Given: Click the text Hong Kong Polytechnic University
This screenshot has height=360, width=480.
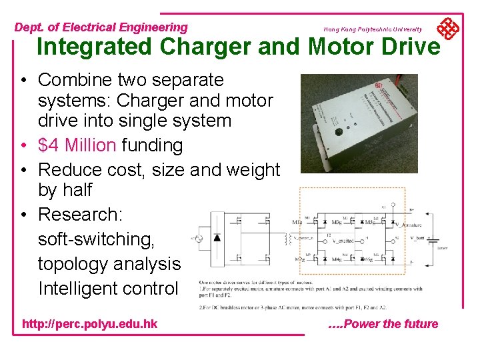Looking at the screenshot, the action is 373,29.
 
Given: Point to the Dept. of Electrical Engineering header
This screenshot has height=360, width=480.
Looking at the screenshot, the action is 101,27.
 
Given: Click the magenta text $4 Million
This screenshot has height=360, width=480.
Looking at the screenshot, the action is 77,145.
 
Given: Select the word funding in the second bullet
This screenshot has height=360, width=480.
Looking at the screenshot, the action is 152,145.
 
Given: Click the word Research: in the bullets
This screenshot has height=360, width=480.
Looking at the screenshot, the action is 81,215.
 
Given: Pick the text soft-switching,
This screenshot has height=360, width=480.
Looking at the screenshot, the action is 104,239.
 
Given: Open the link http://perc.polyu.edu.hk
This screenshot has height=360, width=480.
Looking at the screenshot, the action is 90,324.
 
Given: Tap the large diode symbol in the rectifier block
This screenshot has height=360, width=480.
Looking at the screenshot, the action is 217,237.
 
